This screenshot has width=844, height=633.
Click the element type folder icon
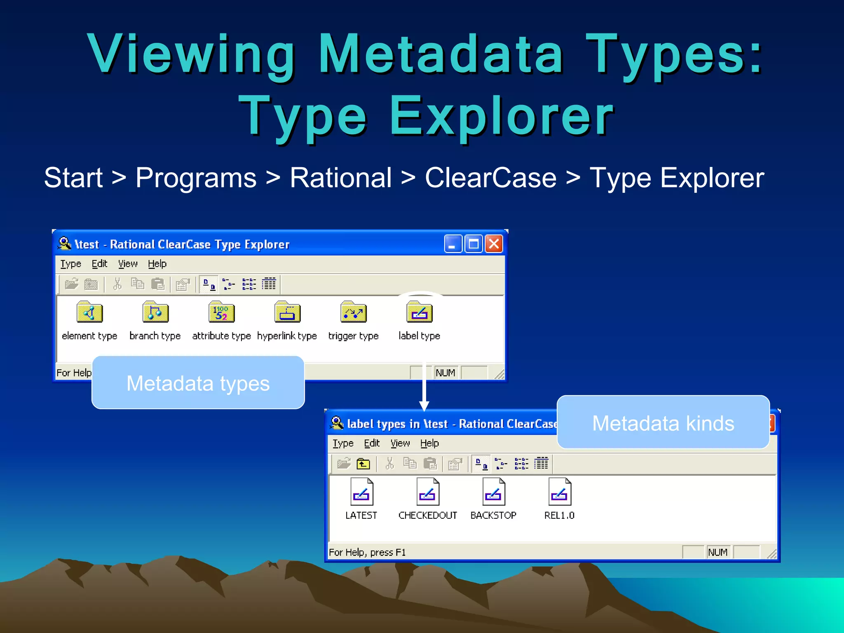(x=89, y=312)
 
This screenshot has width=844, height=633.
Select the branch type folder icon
(x=155, y=312)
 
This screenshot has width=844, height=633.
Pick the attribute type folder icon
(x=221, y=312)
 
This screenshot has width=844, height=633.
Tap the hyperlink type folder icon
(x=287, y=312)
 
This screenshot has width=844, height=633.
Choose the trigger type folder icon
(x=353, y=312)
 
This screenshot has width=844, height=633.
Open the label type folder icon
(x=419, y=312)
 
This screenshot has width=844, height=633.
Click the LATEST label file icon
(x=361, y=492)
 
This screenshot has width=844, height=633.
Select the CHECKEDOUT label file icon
(x=427, y=492)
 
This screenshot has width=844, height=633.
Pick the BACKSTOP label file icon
(x=493, y=492)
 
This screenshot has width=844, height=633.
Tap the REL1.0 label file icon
(x=559, y=492)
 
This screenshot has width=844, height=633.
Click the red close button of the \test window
(x=494, y=244)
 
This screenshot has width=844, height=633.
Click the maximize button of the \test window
(x=474, y=244)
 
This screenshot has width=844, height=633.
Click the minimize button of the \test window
(x=453, y=244)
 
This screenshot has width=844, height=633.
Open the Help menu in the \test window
(x=157, y=264)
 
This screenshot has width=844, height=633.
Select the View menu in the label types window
(x=400, y=443)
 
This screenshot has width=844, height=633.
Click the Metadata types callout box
(x=198, y=383)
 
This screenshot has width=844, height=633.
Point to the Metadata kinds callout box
(x=663, y=422)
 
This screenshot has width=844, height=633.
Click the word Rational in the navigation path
(x=340, y=178)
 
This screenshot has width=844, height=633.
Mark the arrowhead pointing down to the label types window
(x=424, y=406)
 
